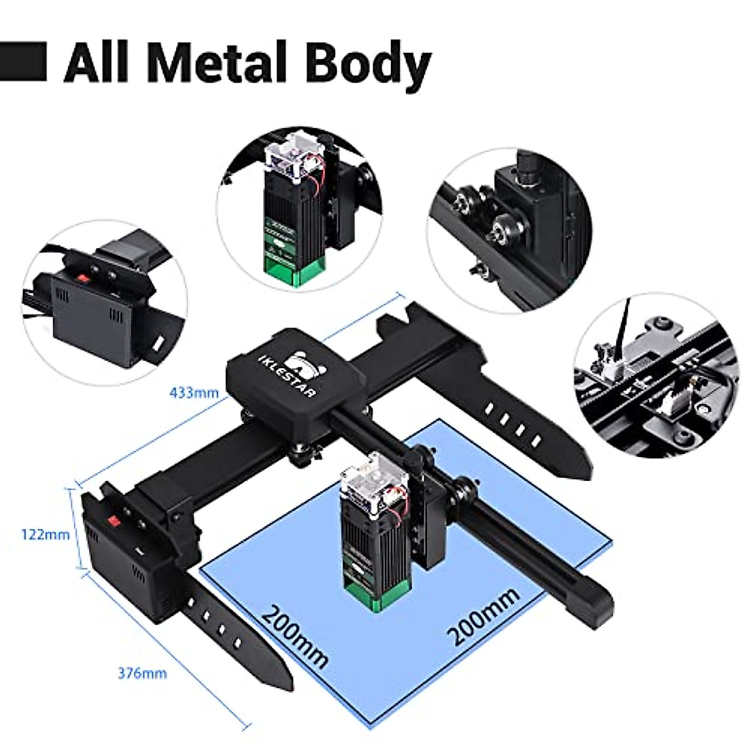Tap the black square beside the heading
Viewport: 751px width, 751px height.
[x=24, y=61]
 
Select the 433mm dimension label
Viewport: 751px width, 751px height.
[x=194, y=393]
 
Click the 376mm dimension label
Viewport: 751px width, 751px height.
[x=142, y=673]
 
